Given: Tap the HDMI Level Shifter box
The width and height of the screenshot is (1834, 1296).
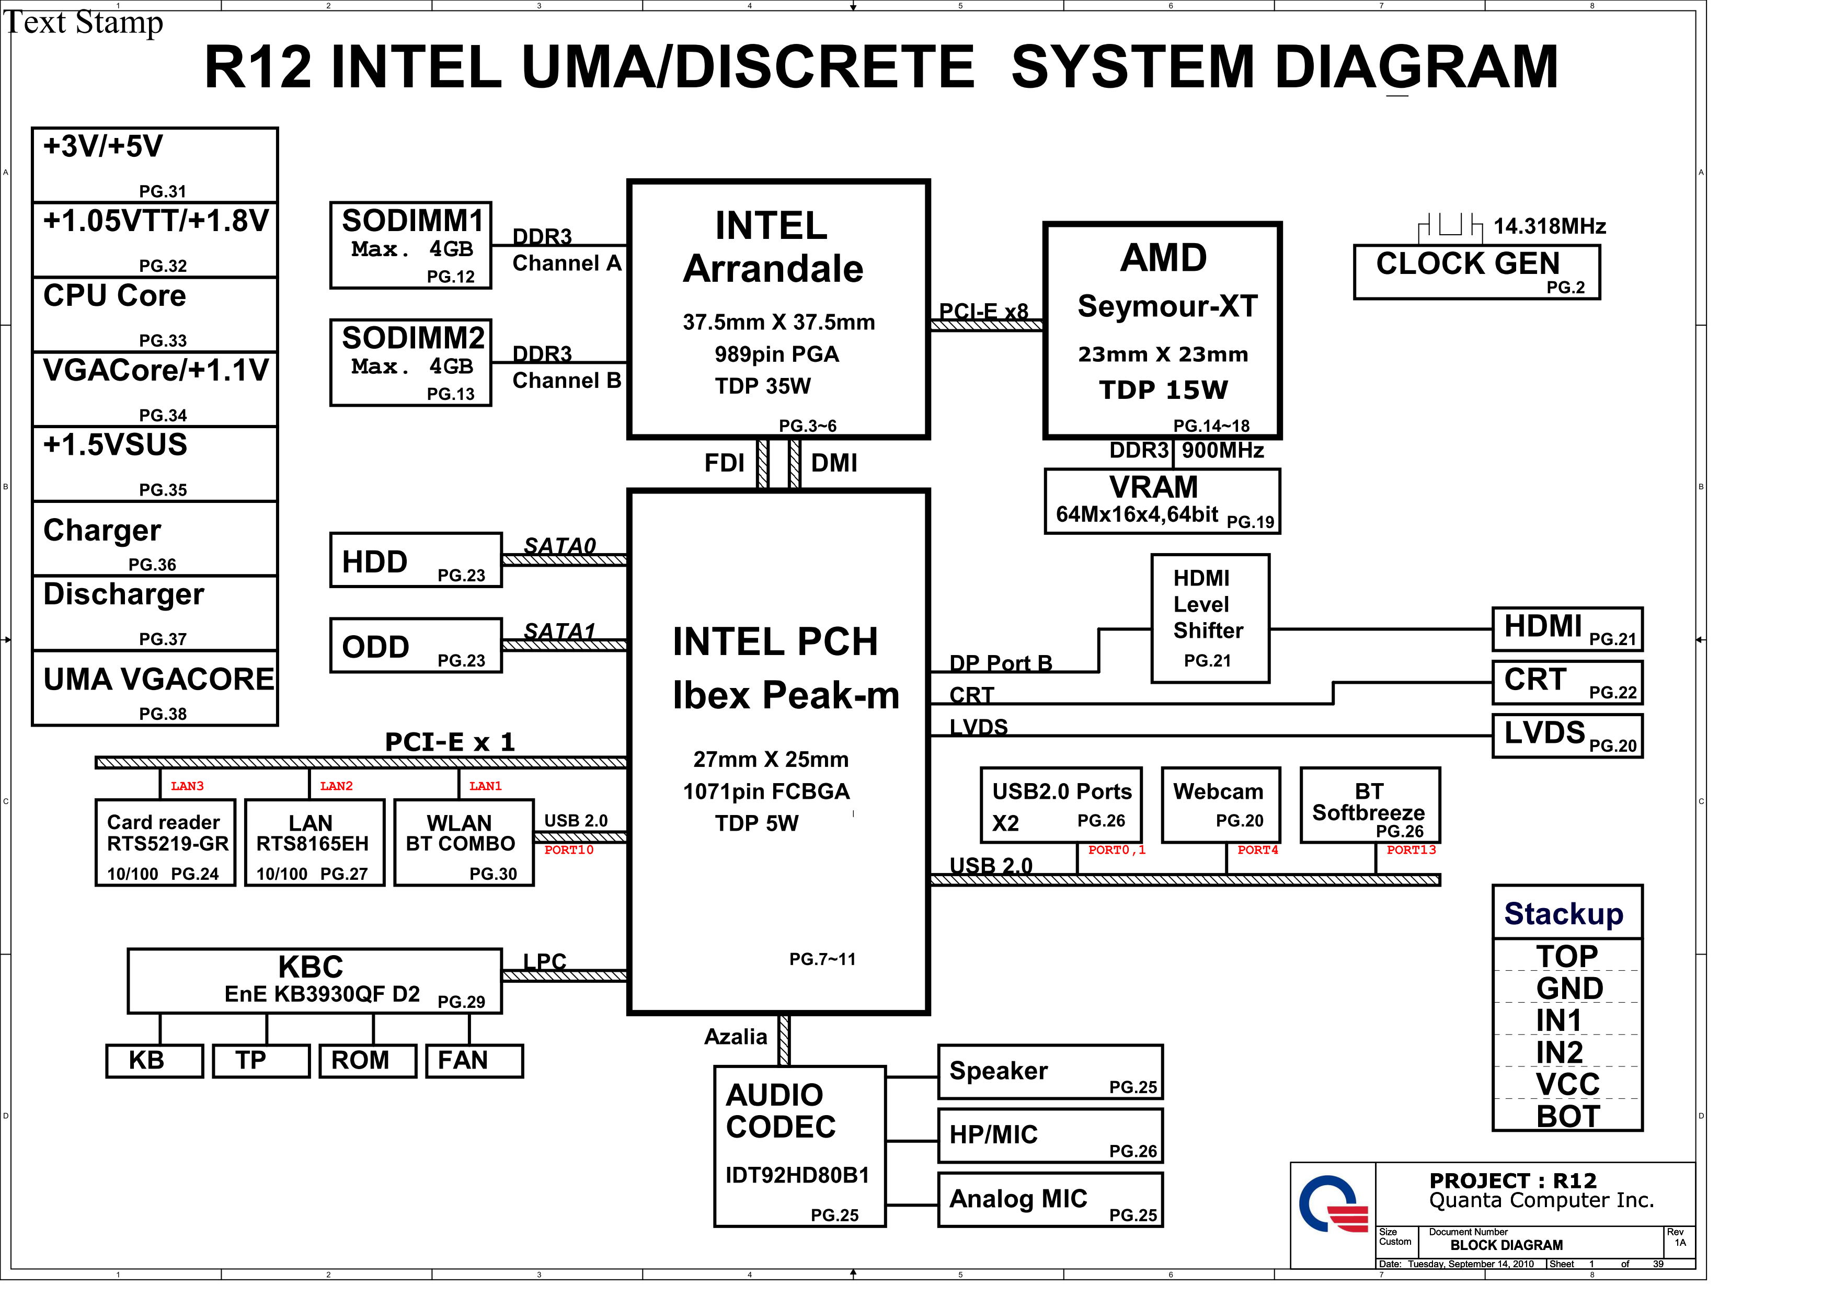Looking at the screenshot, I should coord(1210,619).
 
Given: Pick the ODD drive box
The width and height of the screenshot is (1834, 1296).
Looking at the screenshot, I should coord(415,645).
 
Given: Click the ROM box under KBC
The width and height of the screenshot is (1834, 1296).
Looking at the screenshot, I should coord(368,1061).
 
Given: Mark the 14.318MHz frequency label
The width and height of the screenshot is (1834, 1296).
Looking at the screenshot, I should coord(1549,227).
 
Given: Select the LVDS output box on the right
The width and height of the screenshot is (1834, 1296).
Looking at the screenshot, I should coord(1567,736).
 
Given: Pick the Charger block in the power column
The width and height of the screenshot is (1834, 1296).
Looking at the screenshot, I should coord(155,538).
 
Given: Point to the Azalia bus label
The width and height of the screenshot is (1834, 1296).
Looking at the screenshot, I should coord(735,1037).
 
